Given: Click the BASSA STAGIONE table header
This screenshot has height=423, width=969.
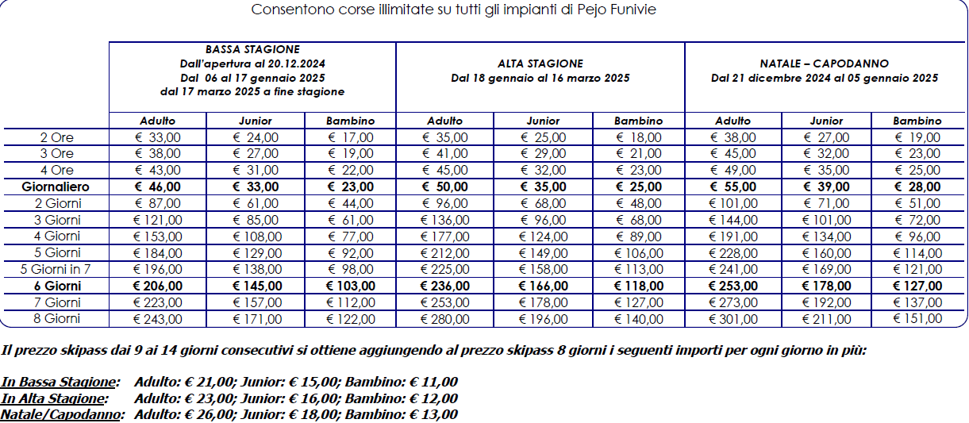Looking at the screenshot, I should click(252, 49).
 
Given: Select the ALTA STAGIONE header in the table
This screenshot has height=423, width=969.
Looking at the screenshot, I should click(540, 63).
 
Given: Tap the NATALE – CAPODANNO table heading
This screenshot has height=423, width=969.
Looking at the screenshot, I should click(824, 63).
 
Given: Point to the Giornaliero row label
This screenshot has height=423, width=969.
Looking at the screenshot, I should click(56, 187).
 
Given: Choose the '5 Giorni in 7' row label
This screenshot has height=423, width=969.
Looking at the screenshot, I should click(56, 270).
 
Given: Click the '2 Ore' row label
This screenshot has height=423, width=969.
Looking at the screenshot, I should click(56, 138).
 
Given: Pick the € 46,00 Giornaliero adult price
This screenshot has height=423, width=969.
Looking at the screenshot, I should click(158, 187).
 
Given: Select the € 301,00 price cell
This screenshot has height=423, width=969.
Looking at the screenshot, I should click(733, 319).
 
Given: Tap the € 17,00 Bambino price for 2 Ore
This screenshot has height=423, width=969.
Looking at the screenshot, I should click(350, 138).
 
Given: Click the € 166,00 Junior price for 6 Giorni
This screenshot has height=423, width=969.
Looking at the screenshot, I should click(542, 286).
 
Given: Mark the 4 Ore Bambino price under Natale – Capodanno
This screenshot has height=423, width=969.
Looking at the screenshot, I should click(917, 171).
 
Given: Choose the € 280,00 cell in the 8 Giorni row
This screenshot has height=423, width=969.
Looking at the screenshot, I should click(444, 319).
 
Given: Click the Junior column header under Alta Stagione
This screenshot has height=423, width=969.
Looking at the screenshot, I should click(543, 121).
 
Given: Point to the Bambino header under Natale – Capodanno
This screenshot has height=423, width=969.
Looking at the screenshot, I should click(917, 121).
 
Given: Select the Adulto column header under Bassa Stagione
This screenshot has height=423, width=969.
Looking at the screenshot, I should click(157, 121).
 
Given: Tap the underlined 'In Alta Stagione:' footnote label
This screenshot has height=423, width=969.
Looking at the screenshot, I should click(52, 398).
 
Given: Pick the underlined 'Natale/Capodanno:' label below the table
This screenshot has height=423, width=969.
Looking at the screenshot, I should click(62, 414).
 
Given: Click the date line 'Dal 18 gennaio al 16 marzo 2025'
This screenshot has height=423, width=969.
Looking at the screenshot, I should click(540, 79).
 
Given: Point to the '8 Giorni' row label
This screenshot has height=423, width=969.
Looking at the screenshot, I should click(56, 319).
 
